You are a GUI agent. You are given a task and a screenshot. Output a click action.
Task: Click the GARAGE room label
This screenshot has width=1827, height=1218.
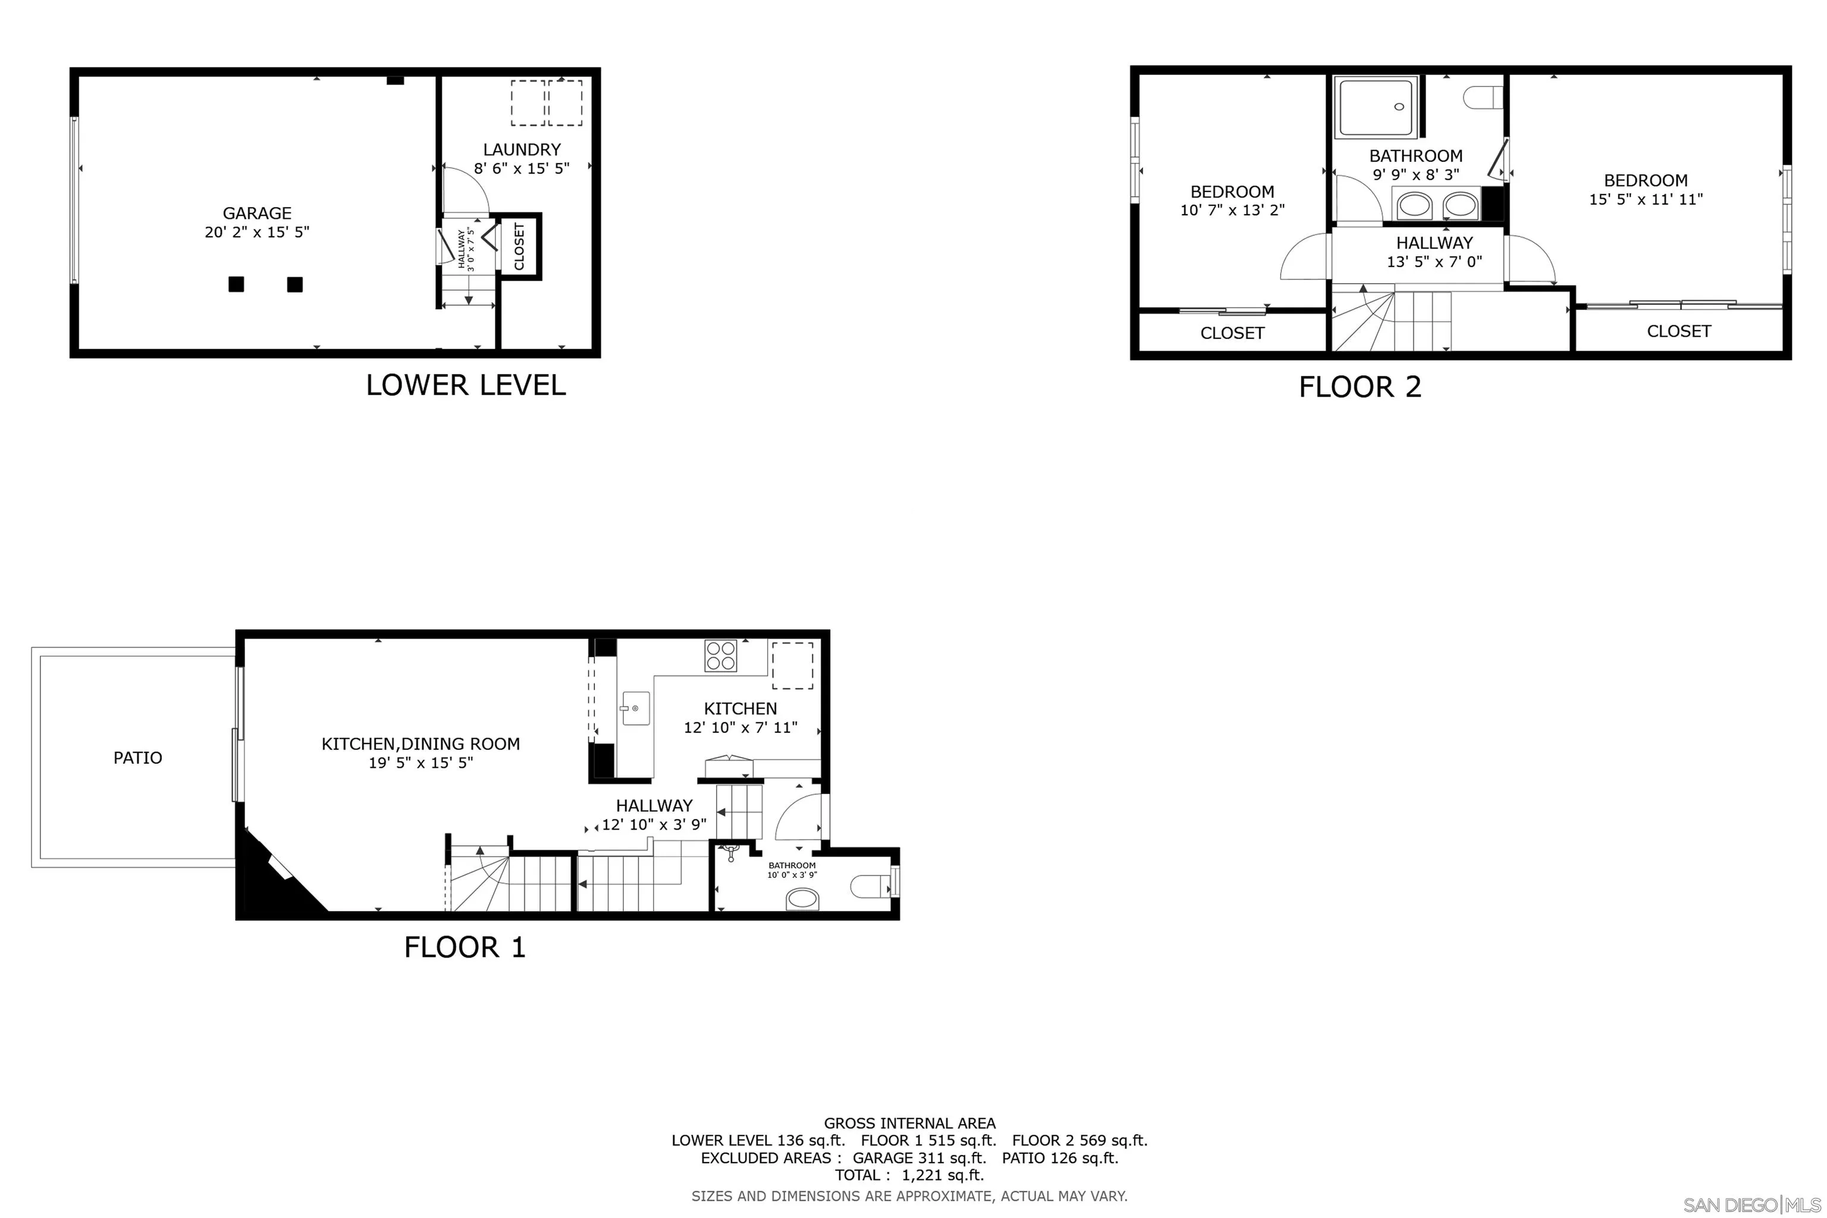point(256,213)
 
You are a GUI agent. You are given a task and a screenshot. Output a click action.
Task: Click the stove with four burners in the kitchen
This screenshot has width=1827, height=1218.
point(720,655)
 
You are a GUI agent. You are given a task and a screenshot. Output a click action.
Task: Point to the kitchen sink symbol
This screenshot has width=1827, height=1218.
point(635,708)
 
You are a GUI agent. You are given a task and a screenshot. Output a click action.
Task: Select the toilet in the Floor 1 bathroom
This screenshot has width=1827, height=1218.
point(870,886)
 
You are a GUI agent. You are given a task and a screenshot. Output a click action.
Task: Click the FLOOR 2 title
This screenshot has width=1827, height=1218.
point(1360,387)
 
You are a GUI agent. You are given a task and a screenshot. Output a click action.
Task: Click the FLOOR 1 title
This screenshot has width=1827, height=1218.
point(464,947)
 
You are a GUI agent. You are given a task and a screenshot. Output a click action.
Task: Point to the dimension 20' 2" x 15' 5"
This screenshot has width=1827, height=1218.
point(256,233)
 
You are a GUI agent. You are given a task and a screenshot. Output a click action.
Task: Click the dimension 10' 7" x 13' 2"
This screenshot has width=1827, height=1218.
point(1232,210)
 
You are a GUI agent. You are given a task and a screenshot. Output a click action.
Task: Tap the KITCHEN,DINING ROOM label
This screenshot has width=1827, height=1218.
point(420,744)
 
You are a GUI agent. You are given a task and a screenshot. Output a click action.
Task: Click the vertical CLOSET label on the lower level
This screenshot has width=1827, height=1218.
point(519,246)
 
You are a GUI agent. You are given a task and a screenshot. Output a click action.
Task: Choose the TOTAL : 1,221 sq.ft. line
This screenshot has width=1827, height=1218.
point(909,1175)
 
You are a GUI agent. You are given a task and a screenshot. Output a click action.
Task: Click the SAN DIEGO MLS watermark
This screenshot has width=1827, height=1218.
point(1753,1205)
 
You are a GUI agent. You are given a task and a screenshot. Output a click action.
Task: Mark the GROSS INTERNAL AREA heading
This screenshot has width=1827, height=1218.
point(909,1123)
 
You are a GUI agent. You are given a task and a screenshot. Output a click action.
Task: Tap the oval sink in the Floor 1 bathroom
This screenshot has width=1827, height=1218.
point(803,899)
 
